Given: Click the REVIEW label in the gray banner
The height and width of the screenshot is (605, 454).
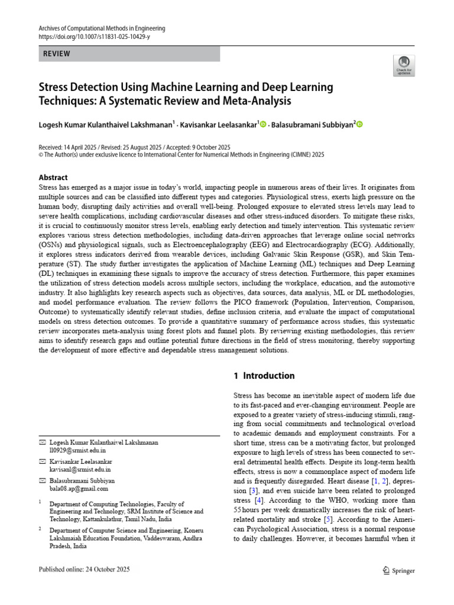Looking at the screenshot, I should click(57, 54).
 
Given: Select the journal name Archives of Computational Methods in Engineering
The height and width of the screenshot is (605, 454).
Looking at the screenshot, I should click(102, 28).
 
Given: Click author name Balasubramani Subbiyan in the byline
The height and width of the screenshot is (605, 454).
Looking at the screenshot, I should click(312, 124).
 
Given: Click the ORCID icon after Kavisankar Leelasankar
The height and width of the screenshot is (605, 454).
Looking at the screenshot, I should click(263, 124).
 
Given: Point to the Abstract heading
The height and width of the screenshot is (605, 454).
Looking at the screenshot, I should click(53, 177).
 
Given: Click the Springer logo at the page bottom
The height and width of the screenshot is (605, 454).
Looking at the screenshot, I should click(400, 571).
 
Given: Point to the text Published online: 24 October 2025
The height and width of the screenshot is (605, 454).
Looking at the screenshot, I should click(84, 570).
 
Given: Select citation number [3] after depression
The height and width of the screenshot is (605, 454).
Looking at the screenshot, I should click(253, 490).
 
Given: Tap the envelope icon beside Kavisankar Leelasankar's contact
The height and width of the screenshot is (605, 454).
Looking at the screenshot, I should click(42, 461).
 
